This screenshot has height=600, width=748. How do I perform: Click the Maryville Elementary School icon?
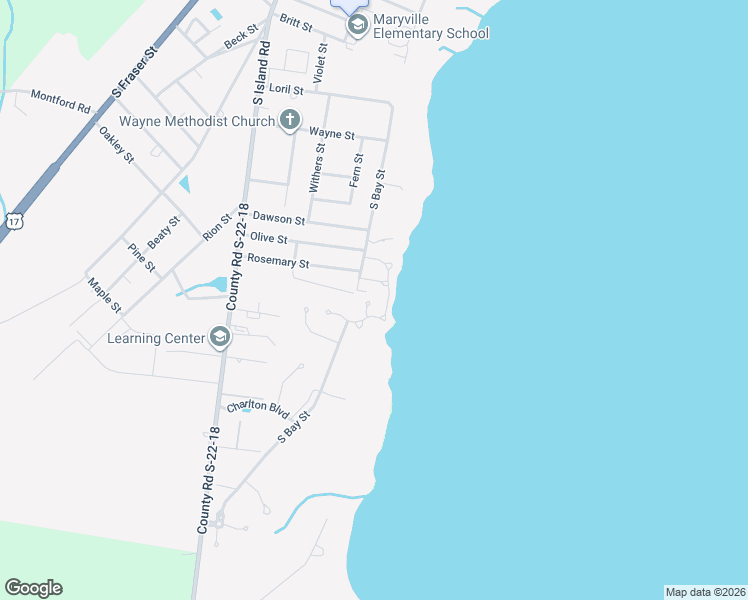357,24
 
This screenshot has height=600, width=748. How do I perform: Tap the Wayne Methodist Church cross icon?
289,121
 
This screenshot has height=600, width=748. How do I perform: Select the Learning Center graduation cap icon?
220,338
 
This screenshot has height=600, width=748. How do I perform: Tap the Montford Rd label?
61,100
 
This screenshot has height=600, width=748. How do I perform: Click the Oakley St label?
116,145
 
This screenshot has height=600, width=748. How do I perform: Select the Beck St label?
241,39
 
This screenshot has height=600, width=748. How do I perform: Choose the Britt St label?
296,20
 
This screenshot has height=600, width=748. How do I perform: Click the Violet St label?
321,61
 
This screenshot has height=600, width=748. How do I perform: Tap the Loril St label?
272,89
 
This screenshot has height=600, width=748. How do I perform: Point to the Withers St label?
316,168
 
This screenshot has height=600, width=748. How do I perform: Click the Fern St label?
355,171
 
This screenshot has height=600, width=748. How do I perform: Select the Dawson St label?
279,218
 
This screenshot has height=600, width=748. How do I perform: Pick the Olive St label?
269,238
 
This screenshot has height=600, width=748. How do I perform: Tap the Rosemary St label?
278,262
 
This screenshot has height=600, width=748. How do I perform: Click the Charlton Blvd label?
257,407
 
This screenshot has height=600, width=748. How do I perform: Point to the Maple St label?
104,294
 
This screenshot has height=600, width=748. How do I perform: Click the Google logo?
33,588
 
